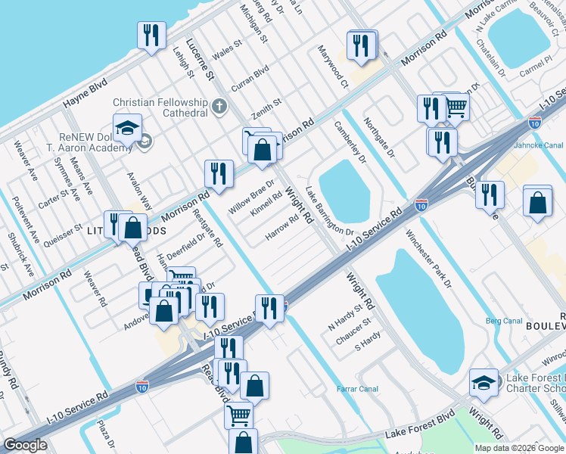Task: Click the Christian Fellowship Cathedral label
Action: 160,107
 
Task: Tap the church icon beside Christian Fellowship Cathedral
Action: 220,106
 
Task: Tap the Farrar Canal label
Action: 357,390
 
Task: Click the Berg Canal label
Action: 505,321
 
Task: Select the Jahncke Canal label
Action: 539,145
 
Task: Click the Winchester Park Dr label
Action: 428,260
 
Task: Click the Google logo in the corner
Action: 25,445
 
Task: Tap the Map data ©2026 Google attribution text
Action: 519,448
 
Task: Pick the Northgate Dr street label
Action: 379,137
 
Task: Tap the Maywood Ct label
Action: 333,67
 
